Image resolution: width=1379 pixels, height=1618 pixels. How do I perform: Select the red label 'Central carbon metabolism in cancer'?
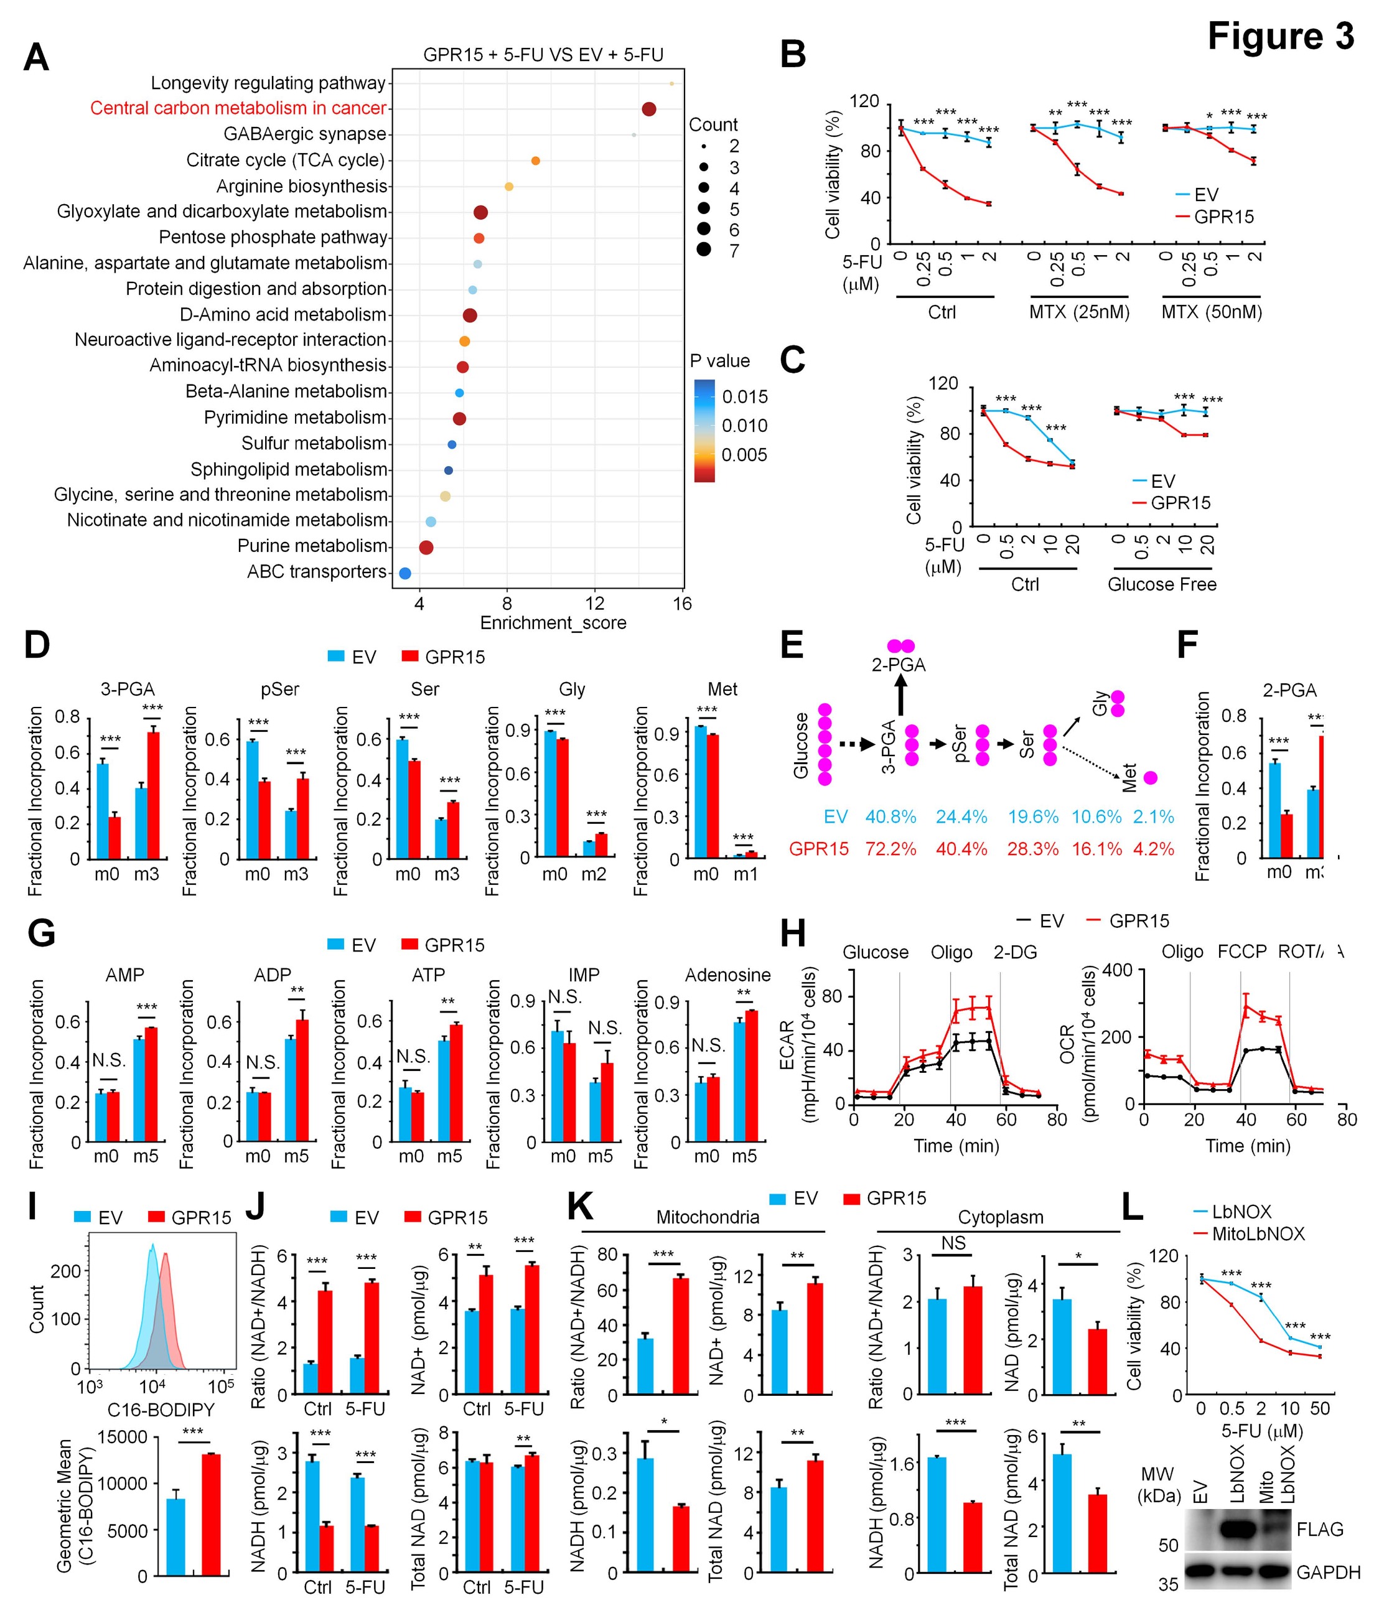pyautogui.click(x=238, y=108)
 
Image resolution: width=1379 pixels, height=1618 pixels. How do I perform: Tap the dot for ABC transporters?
pyautogui.click(x=404, y=573)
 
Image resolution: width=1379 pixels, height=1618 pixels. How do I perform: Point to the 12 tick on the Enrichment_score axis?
pyautogui.click(x=595, y=603)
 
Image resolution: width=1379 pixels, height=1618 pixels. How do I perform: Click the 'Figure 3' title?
pyautogui.click(x=1281, y=36)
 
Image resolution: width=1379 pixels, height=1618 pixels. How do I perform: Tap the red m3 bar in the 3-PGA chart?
pyautogui.click(x=153, y=795)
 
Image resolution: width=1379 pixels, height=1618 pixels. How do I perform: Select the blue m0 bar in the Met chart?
pyautogui.click(x=701, y=793)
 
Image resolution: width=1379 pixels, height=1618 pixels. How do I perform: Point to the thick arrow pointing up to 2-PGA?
pyautogui.click(x=900, y=695)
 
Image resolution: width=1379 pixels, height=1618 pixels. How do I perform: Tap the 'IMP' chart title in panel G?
pyautogui.click(x=584, y=975)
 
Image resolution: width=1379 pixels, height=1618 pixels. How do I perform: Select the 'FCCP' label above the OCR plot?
pyautogui.click(x=1241, y=952)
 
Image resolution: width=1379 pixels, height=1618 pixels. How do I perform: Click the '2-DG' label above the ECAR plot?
pyautogui.click(x=1015, y=952)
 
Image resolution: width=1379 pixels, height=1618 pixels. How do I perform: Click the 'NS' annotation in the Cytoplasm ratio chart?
pyautogui.click(x=953, y=1243)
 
